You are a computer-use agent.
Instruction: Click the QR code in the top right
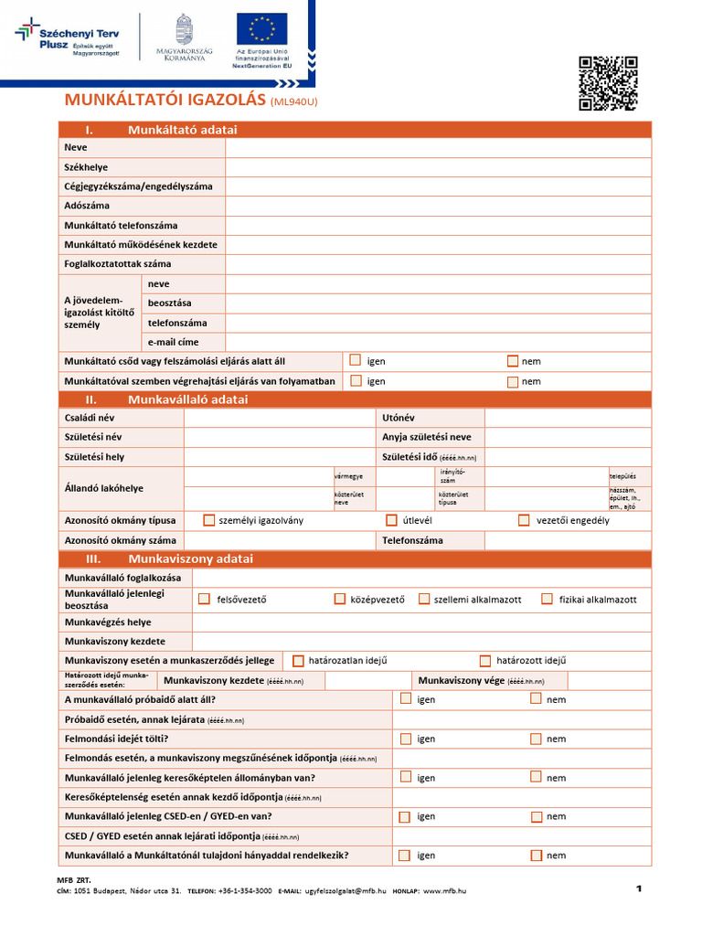608,83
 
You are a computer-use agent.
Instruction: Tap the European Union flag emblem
261,28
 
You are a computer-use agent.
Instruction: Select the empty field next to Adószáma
438,206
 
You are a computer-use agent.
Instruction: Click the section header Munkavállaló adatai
187,399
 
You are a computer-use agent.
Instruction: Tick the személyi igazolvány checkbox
209,520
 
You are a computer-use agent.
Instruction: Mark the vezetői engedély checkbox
524,520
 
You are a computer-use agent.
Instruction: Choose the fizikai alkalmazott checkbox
547,599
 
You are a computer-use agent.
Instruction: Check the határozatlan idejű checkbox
298,660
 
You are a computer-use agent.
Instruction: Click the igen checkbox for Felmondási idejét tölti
405,738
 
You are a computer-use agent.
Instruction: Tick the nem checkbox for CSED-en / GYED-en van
536,816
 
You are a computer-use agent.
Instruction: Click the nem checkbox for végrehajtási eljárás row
513,380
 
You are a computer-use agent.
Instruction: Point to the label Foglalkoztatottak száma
118,264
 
